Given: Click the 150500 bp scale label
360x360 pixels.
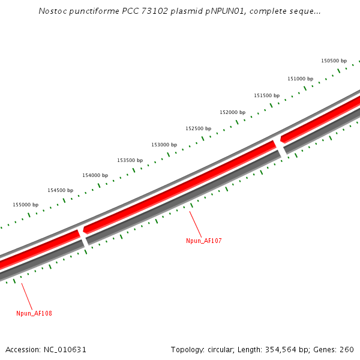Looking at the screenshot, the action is click(x=334, y=61).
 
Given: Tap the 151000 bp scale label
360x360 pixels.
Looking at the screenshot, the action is click(x=300, y=79).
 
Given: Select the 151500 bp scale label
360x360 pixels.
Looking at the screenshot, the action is click(x=266, y=95).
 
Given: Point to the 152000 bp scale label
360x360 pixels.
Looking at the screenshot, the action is click(x=232, y=112).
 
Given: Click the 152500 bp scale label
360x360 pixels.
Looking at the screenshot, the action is click(x=198, y=128).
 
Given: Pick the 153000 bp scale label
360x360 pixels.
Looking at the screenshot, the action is click(x=164, y=145).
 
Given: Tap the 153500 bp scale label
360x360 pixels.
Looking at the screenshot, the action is click(x=130, y=160).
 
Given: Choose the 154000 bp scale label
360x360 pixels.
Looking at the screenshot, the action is click(x=95, y=175).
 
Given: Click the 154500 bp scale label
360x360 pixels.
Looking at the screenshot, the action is click(x=60, y=190).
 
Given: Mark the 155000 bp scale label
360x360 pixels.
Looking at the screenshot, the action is click(x=25, y=205).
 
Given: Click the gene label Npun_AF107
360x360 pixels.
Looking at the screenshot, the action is click(x=204, y=241).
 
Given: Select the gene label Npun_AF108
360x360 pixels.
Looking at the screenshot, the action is click(x=34, y=313).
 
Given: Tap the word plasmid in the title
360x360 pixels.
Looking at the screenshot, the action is click(x=171, y=11).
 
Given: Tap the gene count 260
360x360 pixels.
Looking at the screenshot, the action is click(x=347, y=349).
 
